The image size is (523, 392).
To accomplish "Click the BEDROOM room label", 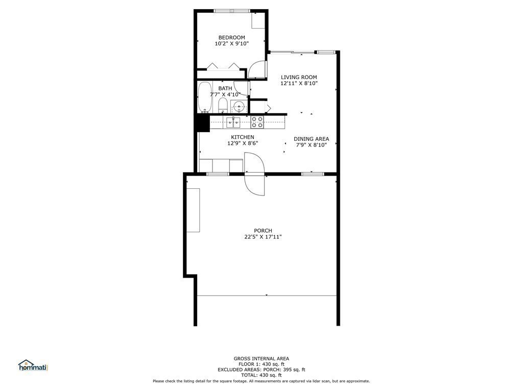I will point(231,37).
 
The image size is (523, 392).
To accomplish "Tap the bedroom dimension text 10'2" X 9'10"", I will point(231,44).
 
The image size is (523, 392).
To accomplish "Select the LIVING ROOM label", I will point(299,77).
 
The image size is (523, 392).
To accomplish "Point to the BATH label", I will point(225,88).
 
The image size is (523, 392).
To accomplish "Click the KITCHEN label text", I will point(243,137).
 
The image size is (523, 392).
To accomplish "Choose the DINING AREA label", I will point(311,138).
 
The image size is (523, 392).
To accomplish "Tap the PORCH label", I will point(263,230).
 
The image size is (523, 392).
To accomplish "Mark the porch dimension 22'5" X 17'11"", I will point(263,237).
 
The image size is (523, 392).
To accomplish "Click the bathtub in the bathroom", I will point(205,97).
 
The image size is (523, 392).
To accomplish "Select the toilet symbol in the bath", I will point(223,106).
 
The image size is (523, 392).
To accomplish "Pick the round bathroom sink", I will point(239,107).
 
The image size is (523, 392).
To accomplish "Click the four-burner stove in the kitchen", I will point(257,122).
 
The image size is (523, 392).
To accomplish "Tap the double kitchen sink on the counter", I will point(233,122).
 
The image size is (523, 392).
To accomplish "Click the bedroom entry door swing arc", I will point(259,69).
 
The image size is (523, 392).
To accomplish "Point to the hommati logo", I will point(33,365).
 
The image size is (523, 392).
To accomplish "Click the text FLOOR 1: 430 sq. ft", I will point(261,364).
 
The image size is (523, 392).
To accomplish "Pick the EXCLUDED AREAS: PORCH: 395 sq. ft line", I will point(261,370).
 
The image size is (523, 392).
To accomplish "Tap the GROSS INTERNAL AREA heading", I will point(261,358).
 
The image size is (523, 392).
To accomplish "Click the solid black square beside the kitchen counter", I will point(202,123).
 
